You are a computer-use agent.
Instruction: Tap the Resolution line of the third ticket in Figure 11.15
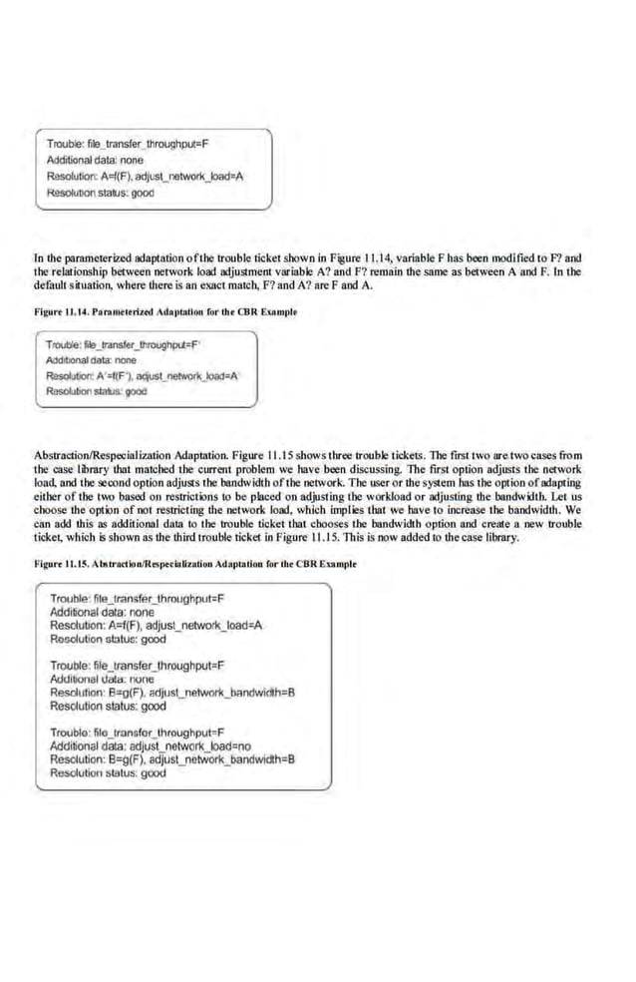tap(174, 759)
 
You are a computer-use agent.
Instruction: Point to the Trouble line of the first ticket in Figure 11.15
tap(136, 599)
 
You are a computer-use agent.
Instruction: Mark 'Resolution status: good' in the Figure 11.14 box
tap(97, 391)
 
